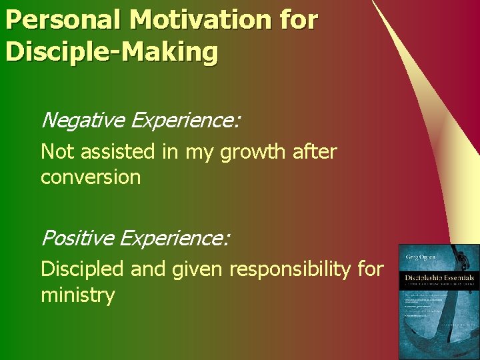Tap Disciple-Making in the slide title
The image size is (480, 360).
coord(111,51)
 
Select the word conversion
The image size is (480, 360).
coord(91,178)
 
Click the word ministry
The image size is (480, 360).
coord(78,295)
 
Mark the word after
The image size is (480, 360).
coord(315,152)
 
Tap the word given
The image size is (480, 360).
coord(193,270)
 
